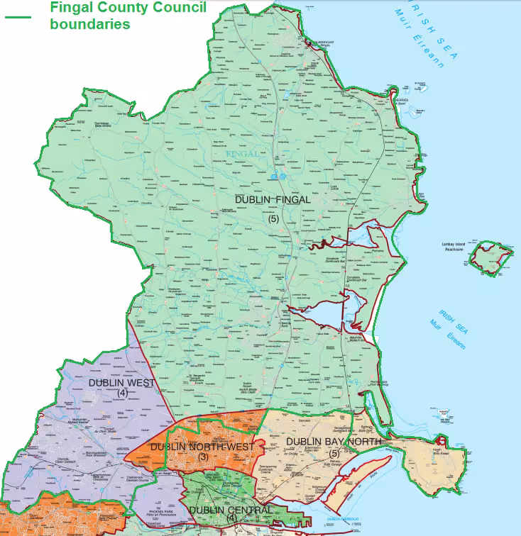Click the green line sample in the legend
point(18,16)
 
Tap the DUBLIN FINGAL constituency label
point(273,200)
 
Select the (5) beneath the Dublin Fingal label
point(274,218)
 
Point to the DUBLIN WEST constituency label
point(122,383)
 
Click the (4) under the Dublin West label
point(122,393)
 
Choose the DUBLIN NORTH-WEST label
point(202,447)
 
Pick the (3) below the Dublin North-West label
point(202,457)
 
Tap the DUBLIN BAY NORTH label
point(333,442)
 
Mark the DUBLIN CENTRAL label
point(231,510)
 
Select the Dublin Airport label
point(248,383)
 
